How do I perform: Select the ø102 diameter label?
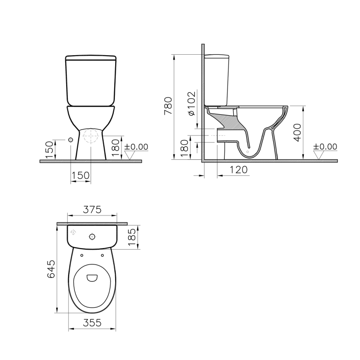[191, 103]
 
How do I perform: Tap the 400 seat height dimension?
[297, 132]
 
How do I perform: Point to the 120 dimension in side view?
[239, 170]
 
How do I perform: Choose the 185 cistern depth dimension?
[133, 237]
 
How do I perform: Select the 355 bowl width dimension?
[92, 323]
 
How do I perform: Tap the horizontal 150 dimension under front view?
[80, 175]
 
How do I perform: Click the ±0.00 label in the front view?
[136, 146]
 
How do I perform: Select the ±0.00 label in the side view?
[325, 146]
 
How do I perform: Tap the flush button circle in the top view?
[92, 236]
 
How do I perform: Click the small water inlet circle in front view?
[71, 139]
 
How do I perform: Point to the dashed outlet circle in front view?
[90, 137]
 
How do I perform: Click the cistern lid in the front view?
[91, 59]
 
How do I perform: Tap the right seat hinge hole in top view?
[102, 255]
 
